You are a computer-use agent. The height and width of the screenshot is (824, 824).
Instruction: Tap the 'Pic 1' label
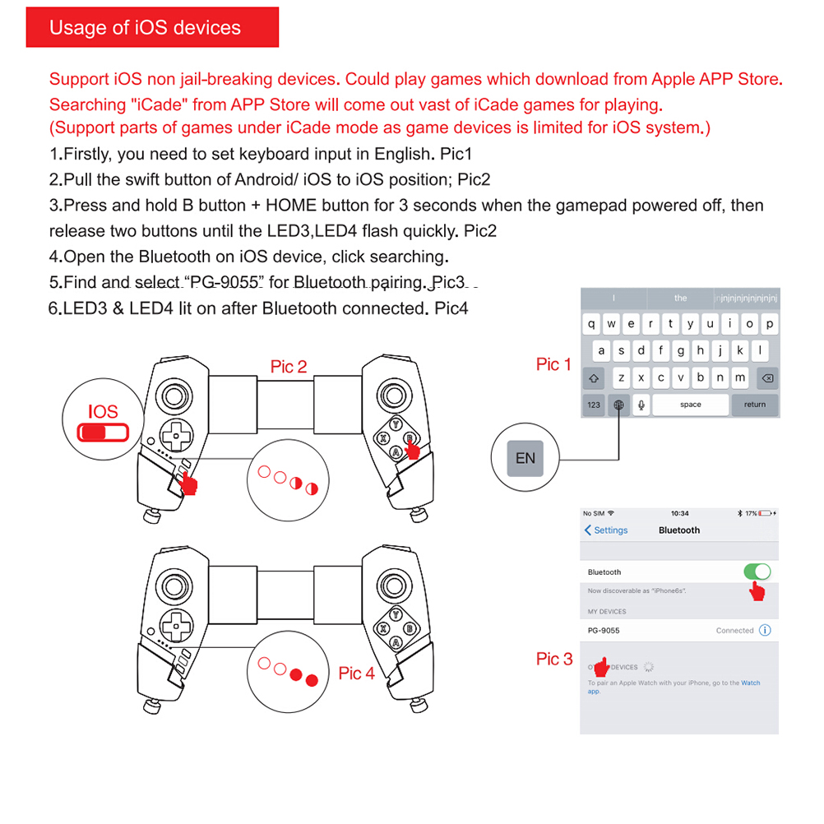[x=553, y=364]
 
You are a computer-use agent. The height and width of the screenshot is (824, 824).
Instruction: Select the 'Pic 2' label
[x=289, y=367]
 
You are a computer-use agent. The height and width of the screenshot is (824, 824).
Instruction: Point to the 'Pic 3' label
[x=554, y=659]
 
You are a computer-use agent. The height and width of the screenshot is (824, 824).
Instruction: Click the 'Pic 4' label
[x=356, y=674]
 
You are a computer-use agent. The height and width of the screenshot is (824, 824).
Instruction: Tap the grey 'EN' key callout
[x=525, y=458]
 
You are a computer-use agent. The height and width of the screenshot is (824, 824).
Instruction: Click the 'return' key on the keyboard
[x=754, y=405]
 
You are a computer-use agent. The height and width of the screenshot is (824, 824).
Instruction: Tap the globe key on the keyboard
[x=618, y=405]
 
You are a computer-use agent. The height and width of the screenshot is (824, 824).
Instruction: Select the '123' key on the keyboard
[x=594, y=405]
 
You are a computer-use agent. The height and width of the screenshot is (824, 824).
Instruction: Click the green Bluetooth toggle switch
[x=757, y=572]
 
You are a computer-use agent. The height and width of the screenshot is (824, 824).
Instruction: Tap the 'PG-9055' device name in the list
[x=604, y=631]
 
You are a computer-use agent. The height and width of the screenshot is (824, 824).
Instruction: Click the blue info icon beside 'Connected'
[x=765, y=631]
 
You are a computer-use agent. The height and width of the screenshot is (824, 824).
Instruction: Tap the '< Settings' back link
[x=606, y=530]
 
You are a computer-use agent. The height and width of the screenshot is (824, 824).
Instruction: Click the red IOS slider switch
[x=104, y=433]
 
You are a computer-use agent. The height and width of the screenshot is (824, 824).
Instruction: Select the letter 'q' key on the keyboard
[x=591, y=324]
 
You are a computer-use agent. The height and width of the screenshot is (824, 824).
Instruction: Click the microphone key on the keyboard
[x=641, y=405]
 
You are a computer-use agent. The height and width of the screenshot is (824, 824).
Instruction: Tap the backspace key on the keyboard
[x=766, y=378]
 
